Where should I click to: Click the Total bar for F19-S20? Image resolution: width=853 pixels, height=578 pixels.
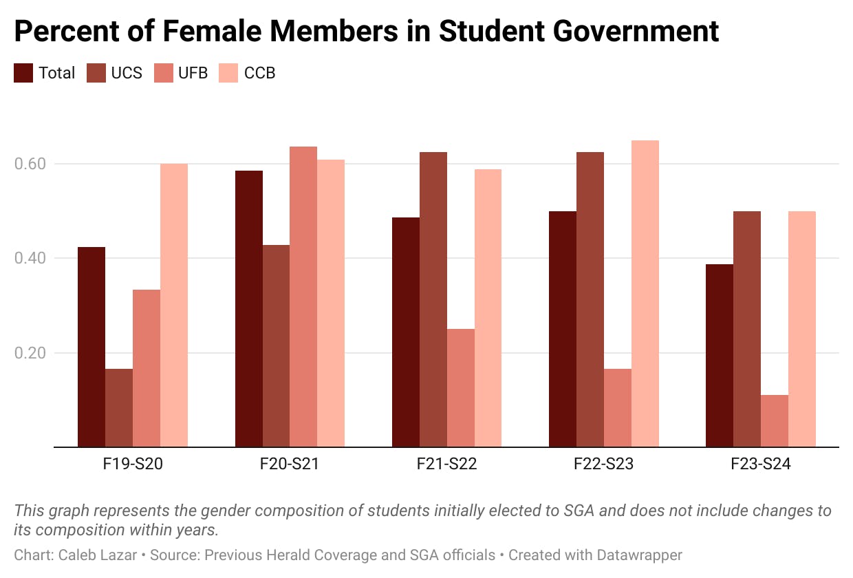[x=91, y=347]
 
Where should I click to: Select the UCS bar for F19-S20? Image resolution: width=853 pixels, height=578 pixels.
[x=119, y=407]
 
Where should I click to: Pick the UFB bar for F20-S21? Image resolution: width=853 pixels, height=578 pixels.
[x=303, y=297]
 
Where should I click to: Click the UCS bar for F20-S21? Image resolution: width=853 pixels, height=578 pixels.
[x=276, y=345]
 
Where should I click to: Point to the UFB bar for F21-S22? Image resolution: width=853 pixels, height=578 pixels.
[x=460, y=387]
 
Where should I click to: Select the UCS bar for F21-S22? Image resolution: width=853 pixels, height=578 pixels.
[x=433, y=299]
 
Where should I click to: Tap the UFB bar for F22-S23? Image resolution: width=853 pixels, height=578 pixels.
[x=617, y=407]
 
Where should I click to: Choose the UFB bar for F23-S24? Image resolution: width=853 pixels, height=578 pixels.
[x=774, y=420]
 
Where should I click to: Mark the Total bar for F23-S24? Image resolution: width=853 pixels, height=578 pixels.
[x=719, y=355]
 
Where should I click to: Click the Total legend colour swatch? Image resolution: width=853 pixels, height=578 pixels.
[x=23, y=73]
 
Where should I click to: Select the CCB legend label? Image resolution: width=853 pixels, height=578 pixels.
[x=259, y=73]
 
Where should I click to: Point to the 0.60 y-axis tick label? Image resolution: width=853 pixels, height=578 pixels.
[x=30, y=164]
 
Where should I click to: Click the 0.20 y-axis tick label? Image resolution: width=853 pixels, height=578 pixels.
[x=30, y=353]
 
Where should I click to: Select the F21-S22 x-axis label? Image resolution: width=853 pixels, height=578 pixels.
[x=446, y=464]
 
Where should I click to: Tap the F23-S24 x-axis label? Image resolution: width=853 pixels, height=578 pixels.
[x=760, y=464]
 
